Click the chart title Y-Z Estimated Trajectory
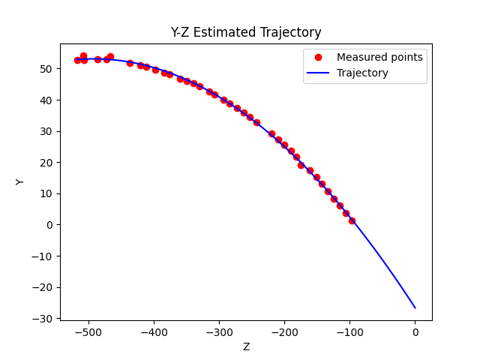click(246, 32)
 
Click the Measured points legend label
click(379, 57)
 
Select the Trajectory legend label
click(362, 73)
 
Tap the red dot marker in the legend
click(318, 57)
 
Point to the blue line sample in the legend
click(318, 73)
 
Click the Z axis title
click(246, 346)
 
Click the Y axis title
click(20, 181)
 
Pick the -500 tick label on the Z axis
click(88, 332)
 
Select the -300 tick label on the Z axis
click(219, 332)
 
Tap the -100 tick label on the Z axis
click(349, 332)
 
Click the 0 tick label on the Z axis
click(415, 332)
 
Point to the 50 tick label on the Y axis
click(46, 69)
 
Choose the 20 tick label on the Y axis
click(46, 163)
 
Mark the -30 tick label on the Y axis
click(43, 318)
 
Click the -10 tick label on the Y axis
click(43, 256)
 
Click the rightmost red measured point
click(352, 220)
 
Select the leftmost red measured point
click(77, 60)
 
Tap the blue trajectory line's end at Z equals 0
click(415, 307)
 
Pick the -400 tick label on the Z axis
click(154, 332)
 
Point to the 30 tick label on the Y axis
click(46, 131)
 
